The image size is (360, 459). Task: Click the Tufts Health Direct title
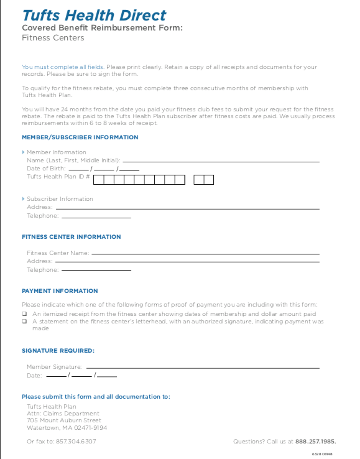[x=94, y=15]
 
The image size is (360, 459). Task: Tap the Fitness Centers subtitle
[x=53, y=38]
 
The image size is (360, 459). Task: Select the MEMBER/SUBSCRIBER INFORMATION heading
[x=80, y=137]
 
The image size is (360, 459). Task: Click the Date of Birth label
[x=47, y=169]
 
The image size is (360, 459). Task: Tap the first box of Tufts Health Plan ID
[x=99, y=180]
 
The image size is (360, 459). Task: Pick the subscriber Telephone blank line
[x=96, y=216]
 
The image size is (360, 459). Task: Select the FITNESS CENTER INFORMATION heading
[x=72, y=237]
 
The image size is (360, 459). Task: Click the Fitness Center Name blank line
[x=205, y=253]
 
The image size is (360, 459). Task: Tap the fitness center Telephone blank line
[x=96, y=270]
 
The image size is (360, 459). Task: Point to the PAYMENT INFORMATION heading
[x=60, y=291]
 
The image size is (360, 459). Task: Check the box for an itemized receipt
[x=24, y=314]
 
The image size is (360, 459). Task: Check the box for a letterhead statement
[x=24, y=322]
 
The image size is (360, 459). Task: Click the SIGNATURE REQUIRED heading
[x=58, y=351]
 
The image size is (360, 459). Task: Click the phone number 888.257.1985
[x=315, y=442]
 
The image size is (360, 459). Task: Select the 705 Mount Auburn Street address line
[x=64, y=420]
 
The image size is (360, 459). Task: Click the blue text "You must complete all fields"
[x=63, y=67]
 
